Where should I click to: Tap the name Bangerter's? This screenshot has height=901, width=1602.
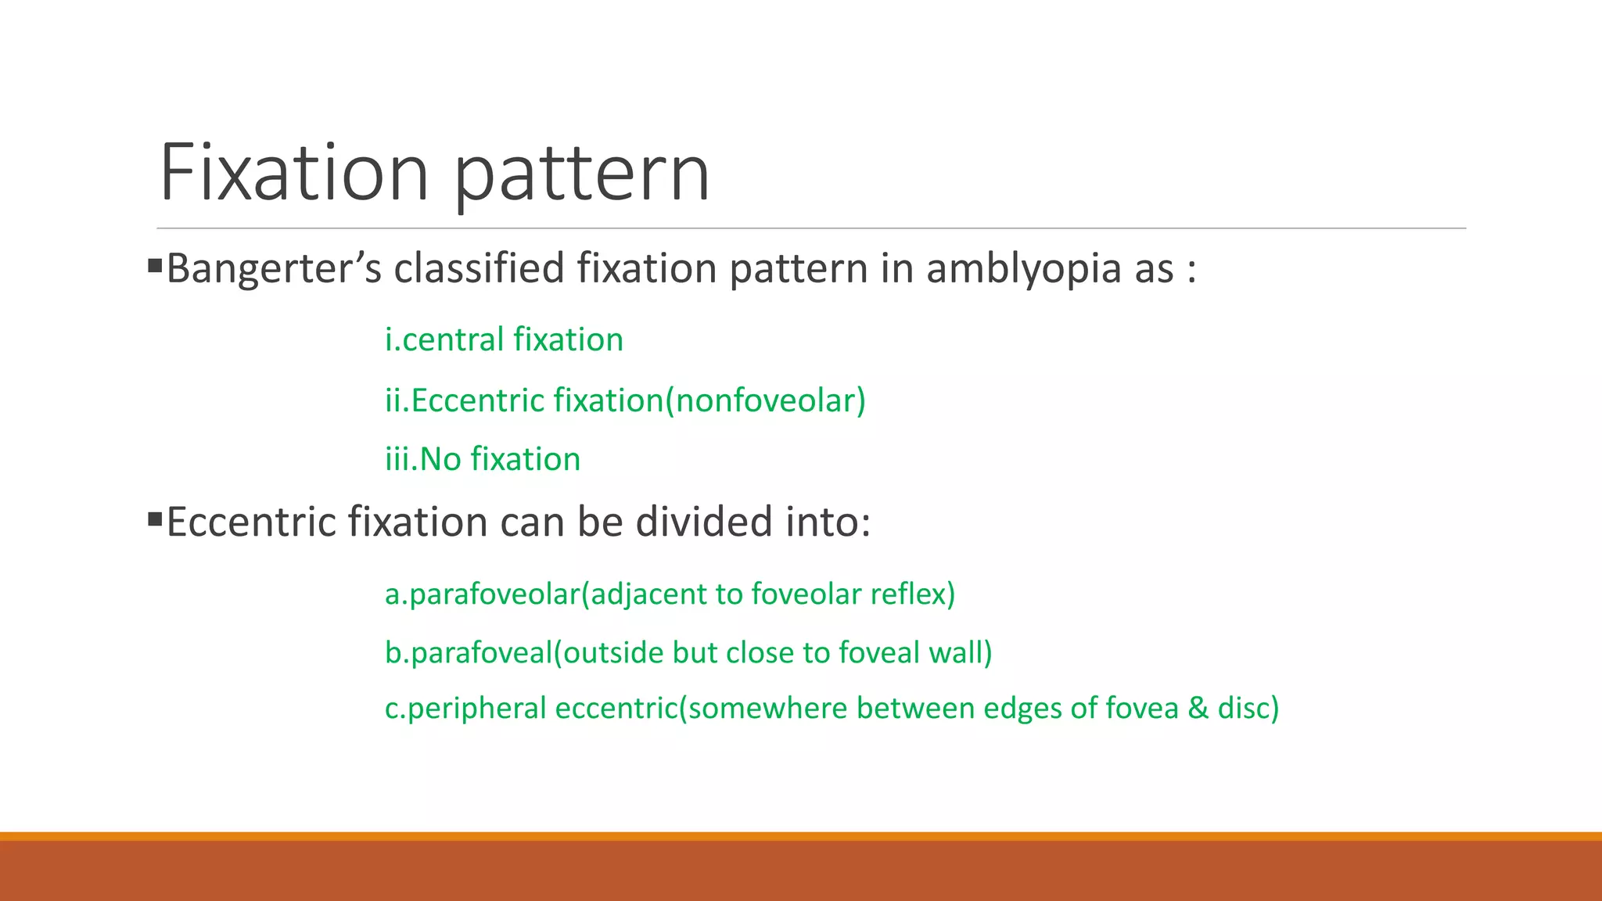(274, 269)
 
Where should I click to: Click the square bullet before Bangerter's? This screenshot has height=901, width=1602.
(155, 266)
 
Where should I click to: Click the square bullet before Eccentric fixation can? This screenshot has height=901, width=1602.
(155, 519)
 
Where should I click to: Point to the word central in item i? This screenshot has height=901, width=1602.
(454, 340)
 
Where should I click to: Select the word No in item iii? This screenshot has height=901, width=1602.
(440, 459)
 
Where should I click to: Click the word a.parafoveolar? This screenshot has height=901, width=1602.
(482, 594)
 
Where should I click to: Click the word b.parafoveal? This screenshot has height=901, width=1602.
(469, 653)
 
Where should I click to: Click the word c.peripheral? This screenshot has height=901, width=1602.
(465, 709)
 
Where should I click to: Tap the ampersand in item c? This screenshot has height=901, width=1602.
(1198, 709)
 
